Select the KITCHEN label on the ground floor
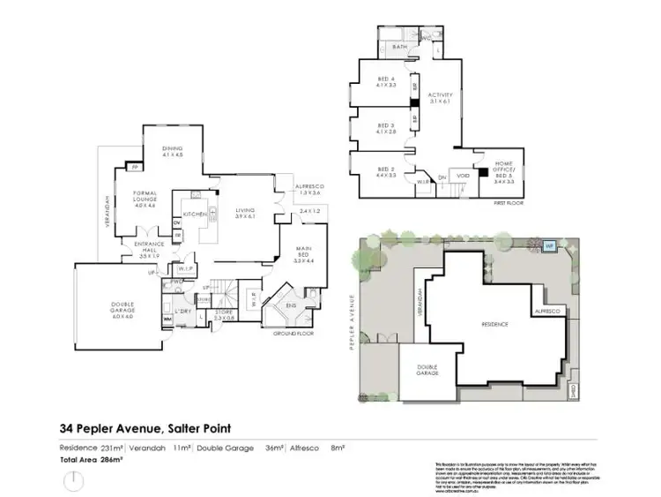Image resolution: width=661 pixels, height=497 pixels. pos(194,215)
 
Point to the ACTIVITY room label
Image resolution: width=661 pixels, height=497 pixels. pos(440,98)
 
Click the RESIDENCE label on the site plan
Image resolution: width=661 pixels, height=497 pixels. pos(494,324)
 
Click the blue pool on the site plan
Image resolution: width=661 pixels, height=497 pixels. pos(547,245)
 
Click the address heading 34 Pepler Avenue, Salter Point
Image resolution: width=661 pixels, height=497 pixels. pos(145,429)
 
